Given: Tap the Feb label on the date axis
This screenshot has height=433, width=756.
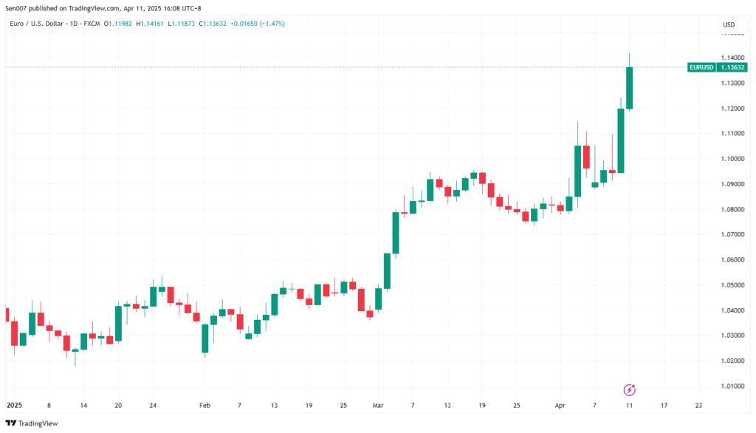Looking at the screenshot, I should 205,406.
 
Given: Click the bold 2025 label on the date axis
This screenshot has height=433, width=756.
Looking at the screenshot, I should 15,406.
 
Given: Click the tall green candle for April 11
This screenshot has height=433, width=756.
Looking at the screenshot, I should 629,88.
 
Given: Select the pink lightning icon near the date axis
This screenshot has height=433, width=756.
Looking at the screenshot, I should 630,389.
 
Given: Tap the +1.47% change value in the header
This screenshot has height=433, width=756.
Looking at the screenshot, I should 272,24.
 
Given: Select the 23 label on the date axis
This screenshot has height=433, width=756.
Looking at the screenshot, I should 698,406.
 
